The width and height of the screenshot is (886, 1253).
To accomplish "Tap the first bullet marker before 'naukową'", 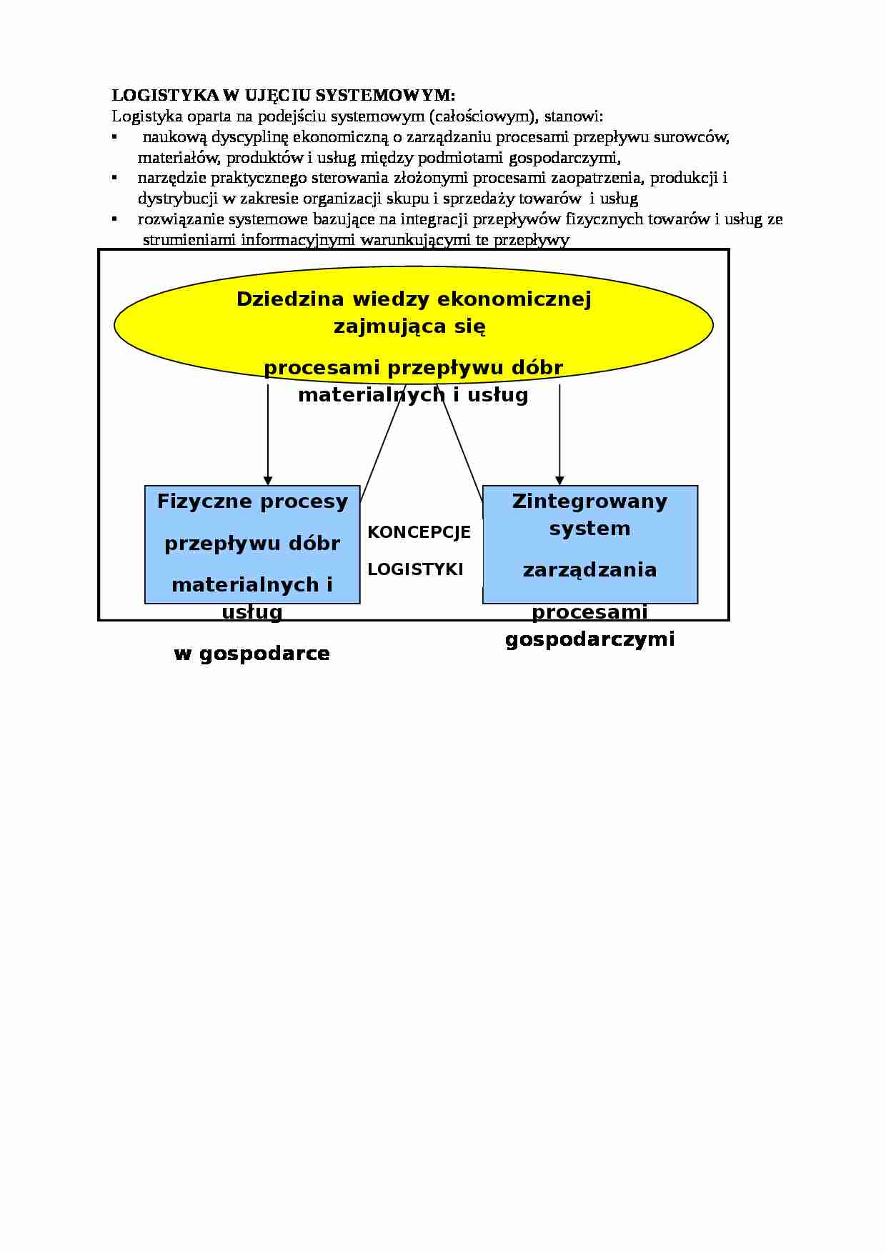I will pyautogui.click(x=114, y=135).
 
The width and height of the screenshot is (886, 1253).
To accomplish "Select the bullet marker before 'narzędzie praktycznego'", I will pyautogui.click(x=114, y=176).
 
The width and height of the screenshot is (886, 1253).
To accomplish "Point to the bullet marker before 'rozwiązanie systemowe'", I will pyautogui.click(x=114, y=217).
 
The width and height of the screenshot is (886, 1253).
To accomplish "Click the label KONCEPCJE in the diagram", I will pyautogui.click(x=419, y=532).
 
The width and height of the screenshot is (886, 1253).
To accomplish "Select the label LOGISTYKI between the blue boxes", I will pyautogui.click(x=415, y=569).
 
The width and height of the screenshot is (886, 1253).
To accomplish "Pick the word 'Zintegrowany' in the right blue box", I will pyautogui.click(x=589, y=501).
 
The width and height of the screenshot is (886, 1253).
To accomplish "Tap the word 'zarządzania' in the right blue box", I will pyautogui.click(x=589, y=570).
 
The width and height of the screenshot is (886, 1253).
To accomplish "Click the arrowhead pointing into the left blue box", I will pyautogui.click(x=268, y=481).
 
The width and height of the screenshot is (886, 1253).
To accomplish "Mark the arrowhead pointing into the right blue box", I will pyautogui.click(x=559, y=481).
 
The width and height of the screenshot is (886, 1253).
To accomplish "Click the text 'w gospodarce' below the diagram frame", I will pyautogui.click(x=252, y=654).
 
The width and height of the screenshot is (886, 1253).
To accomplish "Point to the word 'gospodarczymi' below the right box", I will pyautogui.click(x=589, y=639).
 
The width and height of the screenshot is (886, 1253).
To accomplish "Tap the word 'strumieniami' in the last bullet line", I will pyautogui.click(x=189, y=239).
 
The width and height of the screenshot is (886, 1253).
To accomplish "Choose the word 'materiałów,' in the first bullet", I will pyautogui.click(x=170, y=157).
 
